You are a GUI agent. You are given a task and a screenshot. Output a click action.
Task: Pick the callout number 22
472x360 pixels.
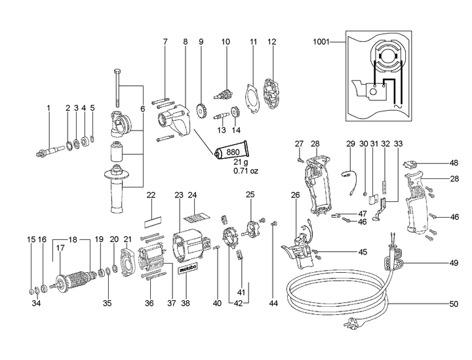[x=150, y=195]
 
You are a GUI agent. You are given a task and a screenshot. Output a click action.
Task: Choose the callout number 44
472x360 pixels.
[x=274, y=304]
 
